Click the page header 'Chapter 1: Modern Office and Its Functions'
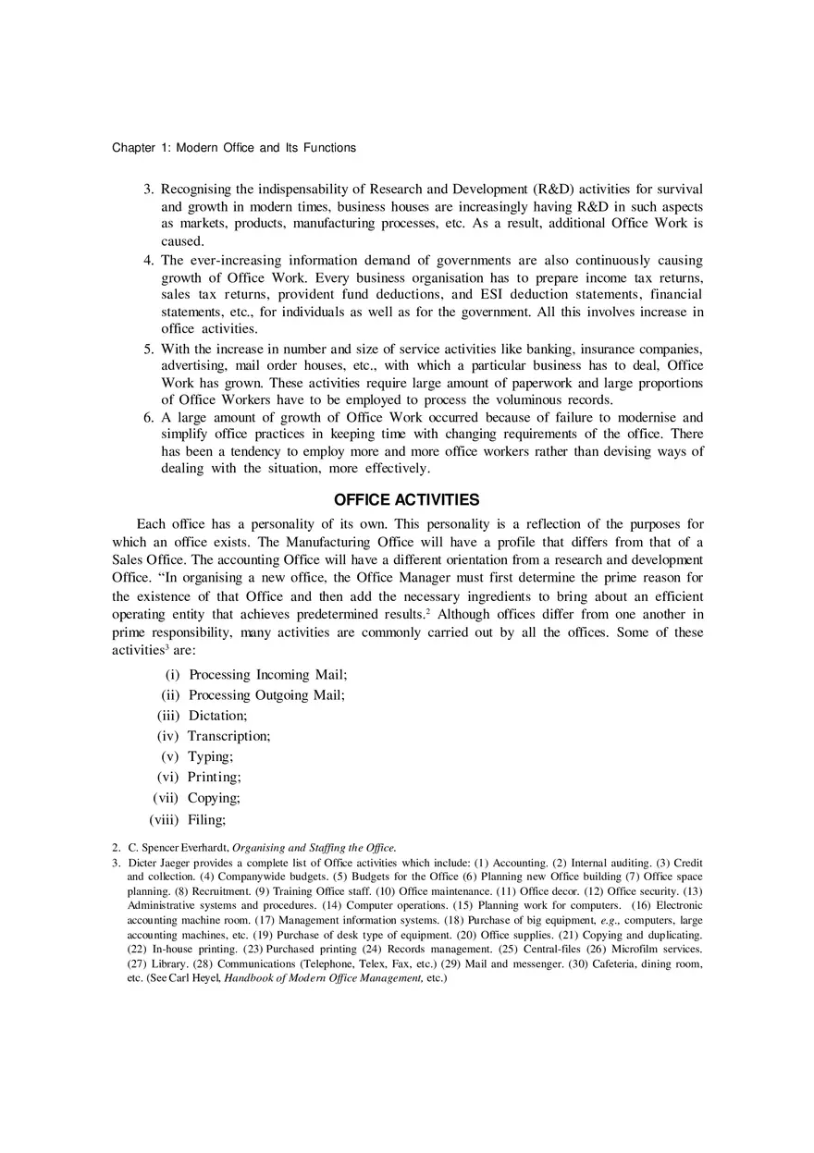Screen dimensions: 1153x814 (x=233, y=148)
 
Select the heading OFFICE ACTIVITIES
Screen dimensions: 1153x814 (x=406, y=500)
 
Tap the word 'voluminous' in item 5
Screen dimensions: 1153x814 (x=532, y=400)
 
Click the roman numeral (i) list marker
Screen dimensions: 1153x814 (x=172, y=675)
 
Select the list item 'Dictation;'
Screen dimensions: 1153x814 (x=217, y=716)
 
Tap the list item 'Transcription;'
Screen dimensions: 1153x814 (x=228, y=736)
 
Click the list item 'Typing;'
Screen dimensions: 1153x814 (x=210, y=756)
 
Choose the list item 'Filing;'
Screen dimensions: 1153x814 (x=207, y=819)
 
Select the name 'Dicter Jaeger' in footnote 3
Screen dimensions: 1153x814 (x=160, y=863)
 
